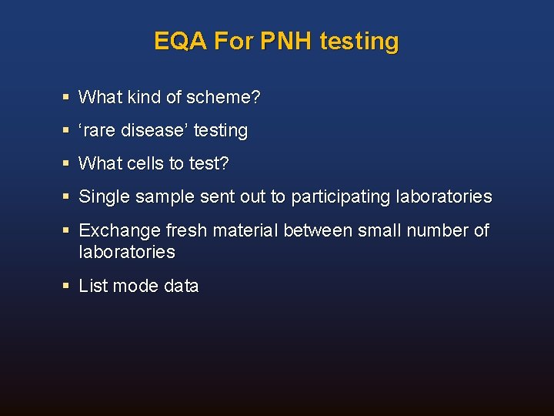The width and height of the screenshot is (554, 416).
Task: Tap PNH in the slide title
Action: point(286,41)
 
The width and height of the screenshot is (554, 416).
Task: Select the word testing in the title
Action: point(359,41)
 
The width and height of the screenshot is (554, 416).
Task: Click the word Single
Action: point(105,197)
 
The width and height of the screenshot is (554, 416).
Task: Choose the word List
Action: point(93,287)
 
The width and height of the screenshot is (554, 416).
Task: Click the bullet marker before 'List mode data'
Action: point(67,287)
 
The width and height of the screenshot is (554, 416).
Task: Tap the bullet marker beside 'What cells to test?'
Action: point(67,164)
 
